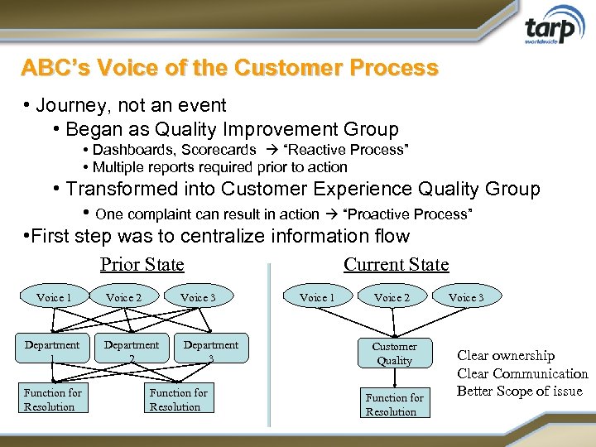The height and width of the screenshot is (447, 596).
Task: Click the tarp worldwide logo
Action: (x=550, y=31)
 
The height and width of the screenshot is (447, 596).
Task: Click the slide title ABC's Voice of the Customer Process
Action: (x=229, y=68)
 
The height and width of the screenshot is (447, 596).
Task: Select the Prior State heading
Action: (x=142, y=264)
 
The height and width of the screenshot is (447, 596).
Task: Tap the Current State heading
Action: (x=396, y=264)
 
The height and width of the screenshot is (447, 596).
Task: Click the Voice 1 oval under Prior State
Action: (x=55, y=297)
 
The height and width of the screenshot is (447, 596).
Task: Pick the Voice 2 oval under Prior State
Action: (x=124, y=297)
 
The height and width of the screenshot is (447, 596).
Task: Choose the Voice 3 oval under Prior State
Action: (x=199, y=297)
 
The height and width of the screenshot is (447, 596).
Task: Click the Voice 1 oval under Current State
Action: (x=317, y=297)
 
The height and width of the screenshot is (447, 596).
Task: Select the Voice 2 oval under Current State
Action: (x=392, y=297)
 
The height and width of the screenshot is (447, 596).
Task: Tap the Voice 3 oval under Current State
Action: (x=467, y=297)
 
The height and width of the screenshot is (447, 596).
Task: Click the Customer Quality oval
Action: (x=394, y=353)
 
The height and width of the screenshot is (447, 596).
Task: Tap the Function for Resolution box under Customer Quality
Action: (x=395, y=404)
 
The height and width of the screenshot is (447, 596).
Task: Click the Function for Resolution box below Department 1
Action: (x=53, y=399)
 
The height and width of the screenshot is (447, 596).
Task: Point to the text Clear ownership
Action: (x=506, y=356)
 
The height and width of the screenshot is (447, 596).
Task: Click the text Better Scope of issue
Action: (x=520, y=392)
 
